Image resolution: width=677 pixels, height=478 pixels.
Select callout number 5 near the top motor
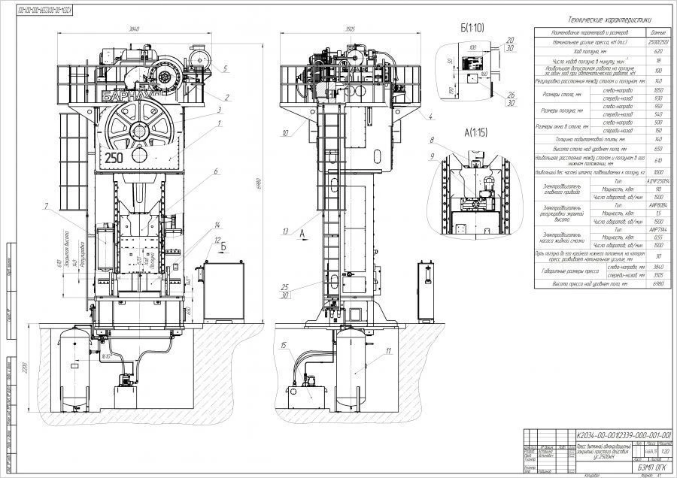coord(225,68)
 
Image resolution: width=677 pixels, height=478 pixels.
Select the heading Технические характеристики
coord(600,21)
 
